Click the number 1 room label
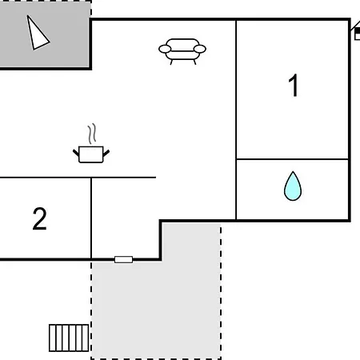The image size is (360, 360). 294,86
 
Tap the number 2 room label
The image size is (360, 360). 39,218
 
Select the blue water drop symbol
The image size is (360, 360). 293,186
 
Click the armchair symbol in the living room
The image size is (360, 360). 182,51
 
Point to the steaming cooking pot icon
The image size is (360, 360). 91,144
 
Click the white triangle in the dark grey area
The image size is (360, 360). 38,34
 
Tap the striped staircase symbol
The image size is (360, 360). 69,338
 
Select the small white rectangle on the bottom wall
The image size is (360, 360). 123,259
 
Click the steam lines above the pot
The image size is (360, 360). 92,134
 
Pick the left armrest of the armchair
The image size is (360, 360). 165,49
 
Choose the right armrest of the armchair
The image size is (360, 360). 200,49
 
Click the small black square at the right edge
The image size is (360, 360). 358,31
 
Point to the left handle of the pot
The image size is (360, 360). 76,154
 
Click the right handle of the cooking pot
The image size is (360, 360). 106,154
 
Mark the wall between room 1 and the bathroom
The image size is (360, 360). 292,159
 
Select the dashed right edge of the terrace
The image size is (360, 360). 221,291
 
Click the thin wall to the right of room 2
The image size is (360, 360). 91,218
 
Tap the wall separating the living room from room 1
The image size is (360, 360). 236,120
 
